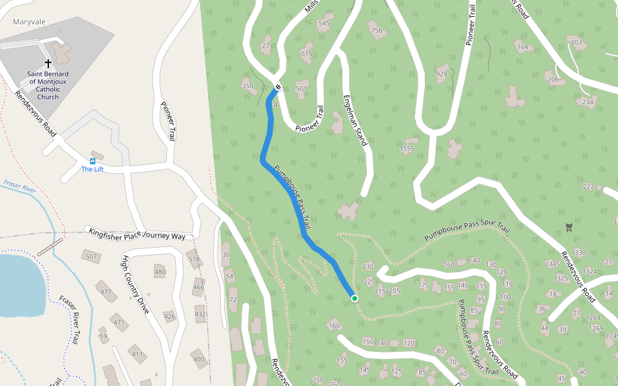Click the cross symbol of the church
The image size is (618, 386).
48,64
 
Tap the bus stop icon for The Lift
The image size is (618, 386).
93,161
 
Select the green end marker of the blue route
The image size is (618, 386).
354,298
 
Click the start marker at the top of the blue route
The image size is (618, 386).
278,87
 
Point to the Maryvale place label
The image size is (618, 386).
30,21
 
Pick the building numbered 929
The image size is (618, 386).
442,73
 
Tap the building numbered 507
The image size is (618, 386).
91,257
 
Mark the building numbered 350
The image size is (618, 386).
247,86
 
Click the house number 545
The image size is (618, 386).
323,23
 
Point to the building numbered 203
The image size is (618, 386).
576,43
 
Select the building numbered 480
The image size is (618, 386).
160,271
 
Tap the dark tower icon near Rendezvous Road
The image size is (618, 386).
568,226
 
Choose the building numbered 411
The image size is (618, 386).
137,354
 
